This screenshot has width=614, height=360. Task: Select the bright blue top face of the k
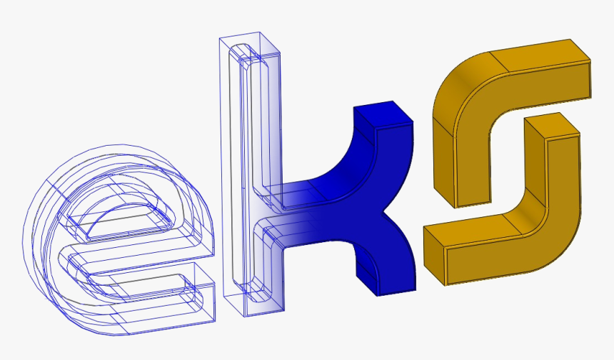click(x=383, y=114)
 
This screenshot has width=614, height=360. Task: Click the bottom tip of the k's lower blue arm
click(x=396, y=292)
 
